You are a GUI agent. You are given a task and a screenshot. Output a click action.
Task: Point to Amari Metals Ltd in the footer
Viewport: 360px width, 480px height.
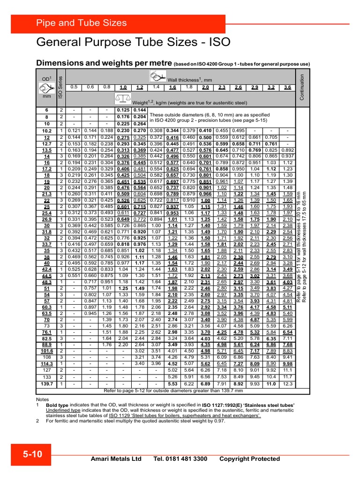(116, 459)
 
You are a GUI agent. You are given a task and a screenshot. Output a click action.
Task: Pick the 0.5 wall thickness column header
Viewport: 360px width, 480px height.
(74, 87)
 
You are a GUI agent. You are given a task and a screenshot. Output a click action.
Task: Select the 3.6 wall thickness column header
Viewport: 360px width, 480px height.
(287, 87)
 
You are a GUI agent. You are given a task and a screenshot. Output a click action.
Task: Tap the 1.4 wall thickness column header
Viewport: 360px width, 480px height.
(156, 87)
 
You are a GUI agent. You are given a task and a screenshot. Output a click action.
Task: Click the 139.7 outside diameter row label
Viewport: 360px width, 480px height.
(47, 384)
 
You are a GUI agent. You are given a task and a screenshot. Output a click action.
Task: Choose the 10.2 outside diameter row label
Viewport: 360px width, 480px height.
(47, 130)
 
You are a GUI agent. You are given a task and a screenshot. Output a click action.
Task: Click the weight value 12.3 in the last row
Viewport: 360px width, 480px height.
(287, 384)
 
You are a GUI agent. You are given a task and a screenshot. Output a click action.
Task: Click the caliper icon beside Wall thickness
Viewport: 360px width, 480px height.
(158, 75)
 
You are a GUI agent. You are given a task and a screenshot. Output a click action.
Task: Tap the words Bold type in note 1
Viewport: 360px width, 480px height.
(57, 405)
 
